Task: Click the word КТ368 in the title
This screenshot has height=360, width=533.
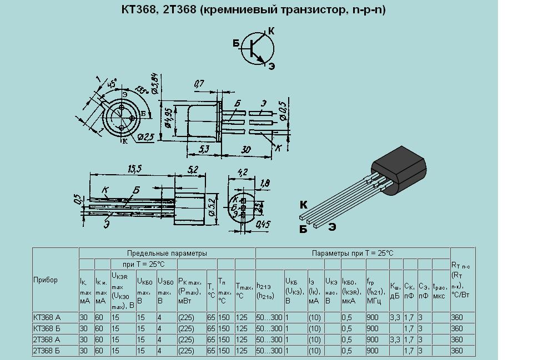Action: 138,10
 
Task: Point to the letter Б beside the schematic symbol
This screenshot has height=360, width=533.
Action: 236,43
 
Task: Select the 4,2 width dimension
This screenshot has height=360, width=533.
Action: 242,172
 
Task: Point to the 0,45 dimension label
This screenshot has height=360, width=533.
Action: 263,225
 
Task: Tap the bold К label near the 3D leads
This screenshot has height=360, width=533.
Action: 303,204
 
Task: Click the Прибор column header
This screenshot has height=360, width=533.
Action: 45,280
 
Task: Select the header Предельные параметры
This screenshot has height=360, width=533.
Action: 167,253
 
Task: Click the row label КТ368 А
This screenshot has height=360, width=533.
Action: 47,318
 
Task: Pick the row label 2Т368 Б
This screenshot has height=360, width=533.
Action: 47,351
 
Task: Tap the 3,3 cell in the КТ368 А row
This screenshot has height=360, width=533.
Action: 395,318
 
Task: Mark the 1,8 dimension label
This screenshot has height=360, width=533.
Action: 264,182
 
